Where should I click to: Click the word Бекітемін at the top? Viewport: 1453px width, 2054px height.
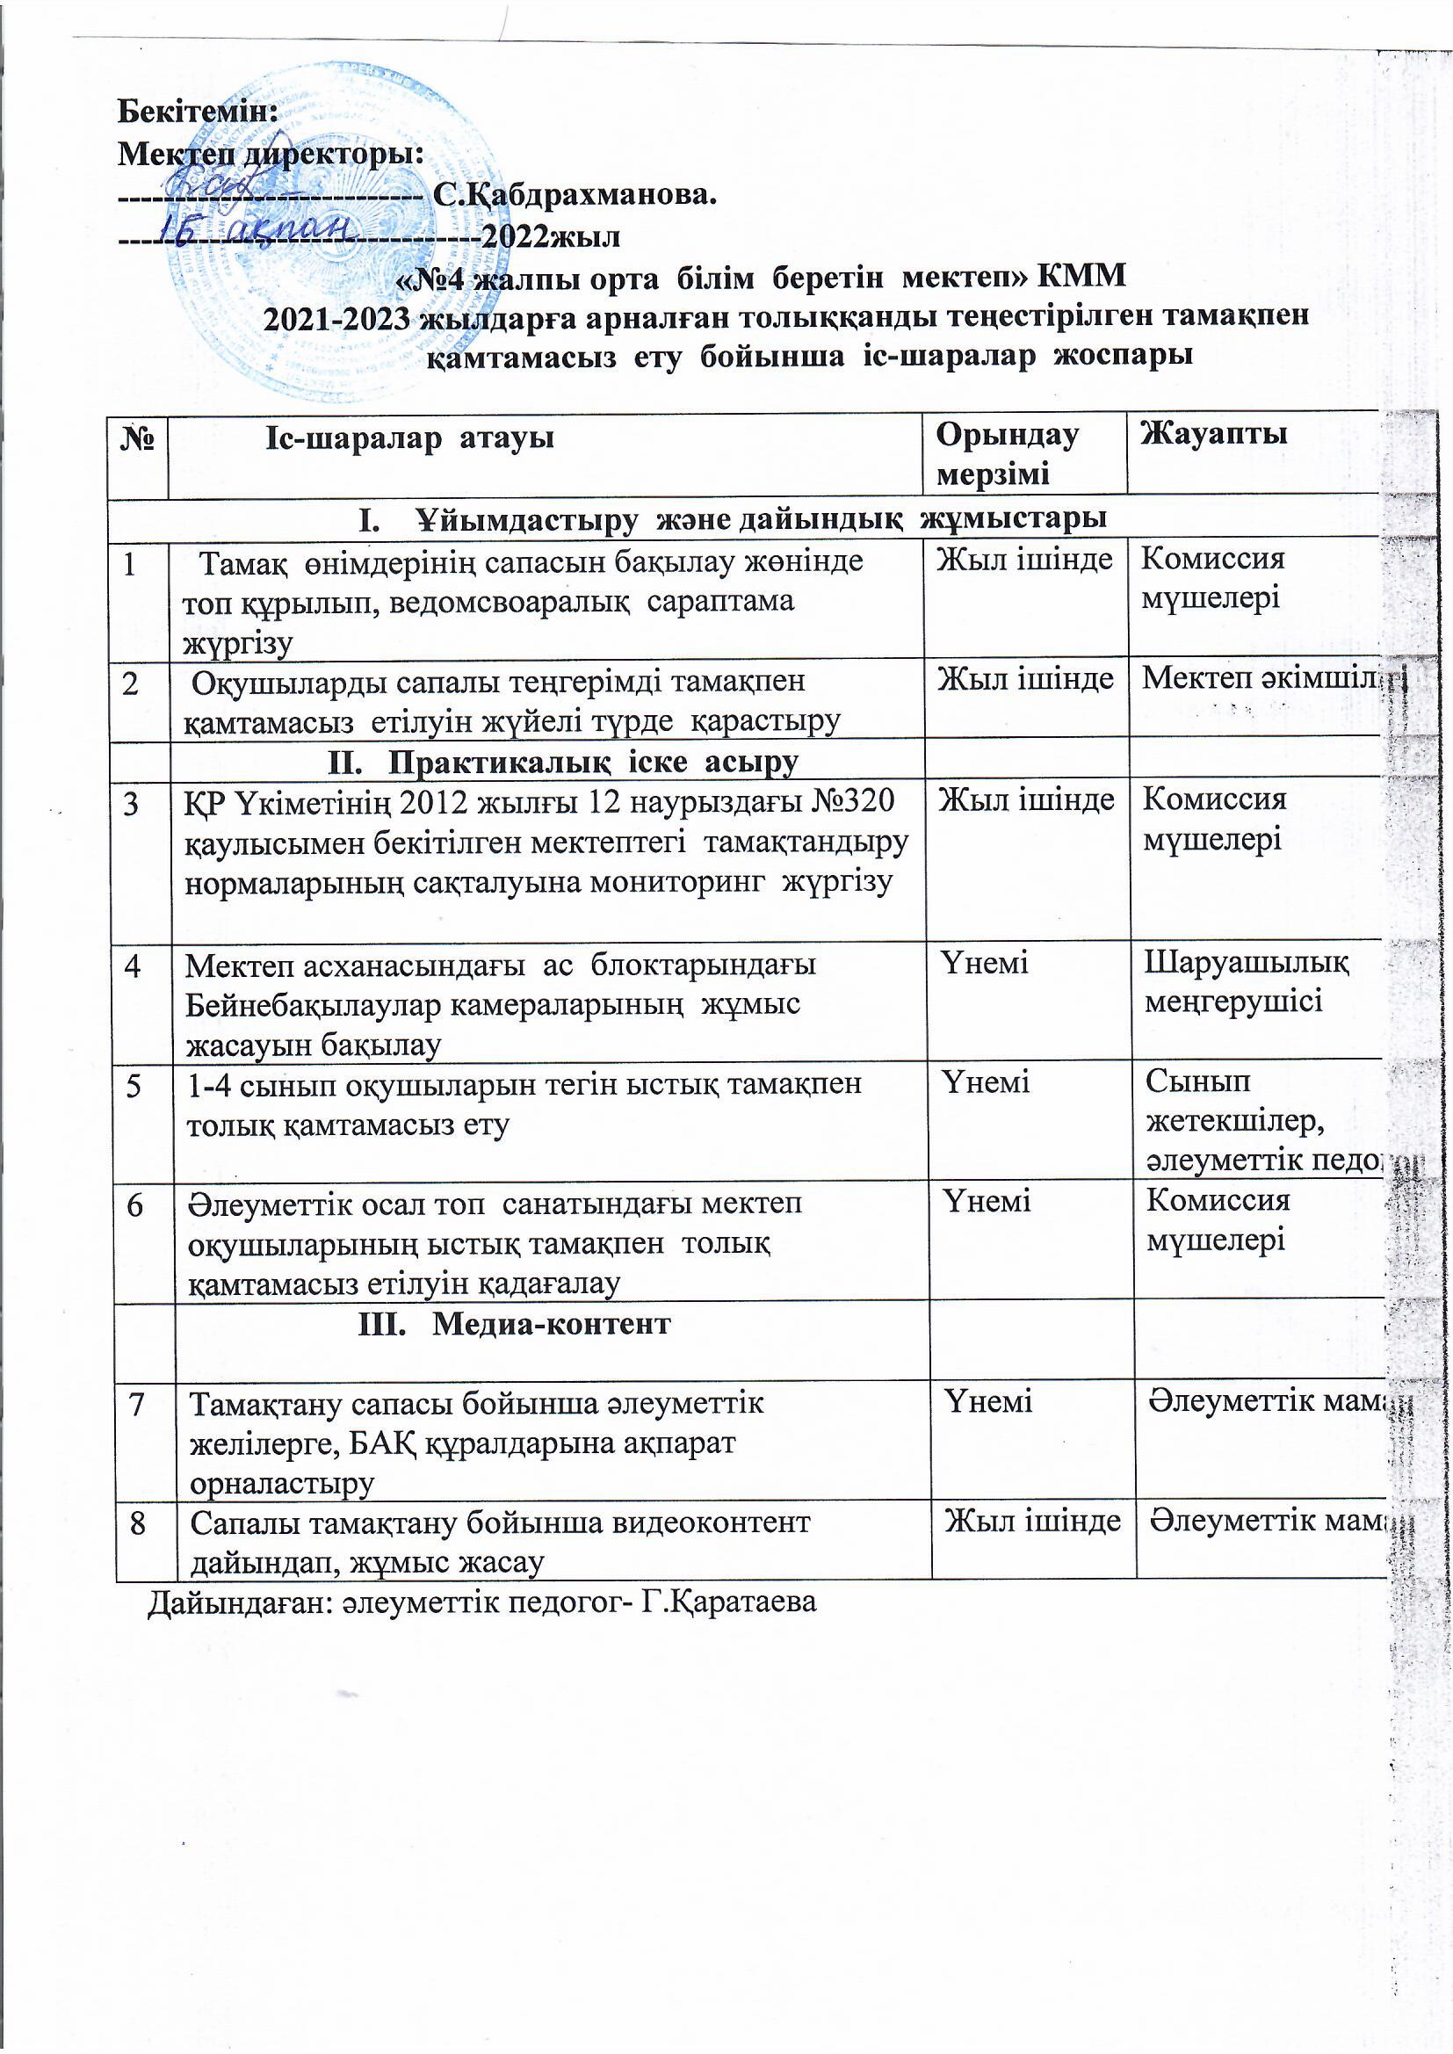coord(198,112)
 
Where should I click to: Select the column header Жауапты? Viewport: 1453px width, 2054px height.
coord(1213,434)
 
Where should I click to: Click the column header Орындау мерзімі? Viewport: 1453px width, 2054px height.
coord(1007,453)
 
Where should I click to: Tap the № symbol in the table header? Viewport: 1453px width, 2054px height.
coord(138,438)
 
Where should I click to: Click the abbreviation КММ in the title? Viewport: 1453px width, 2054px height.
coord(1080,277)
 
